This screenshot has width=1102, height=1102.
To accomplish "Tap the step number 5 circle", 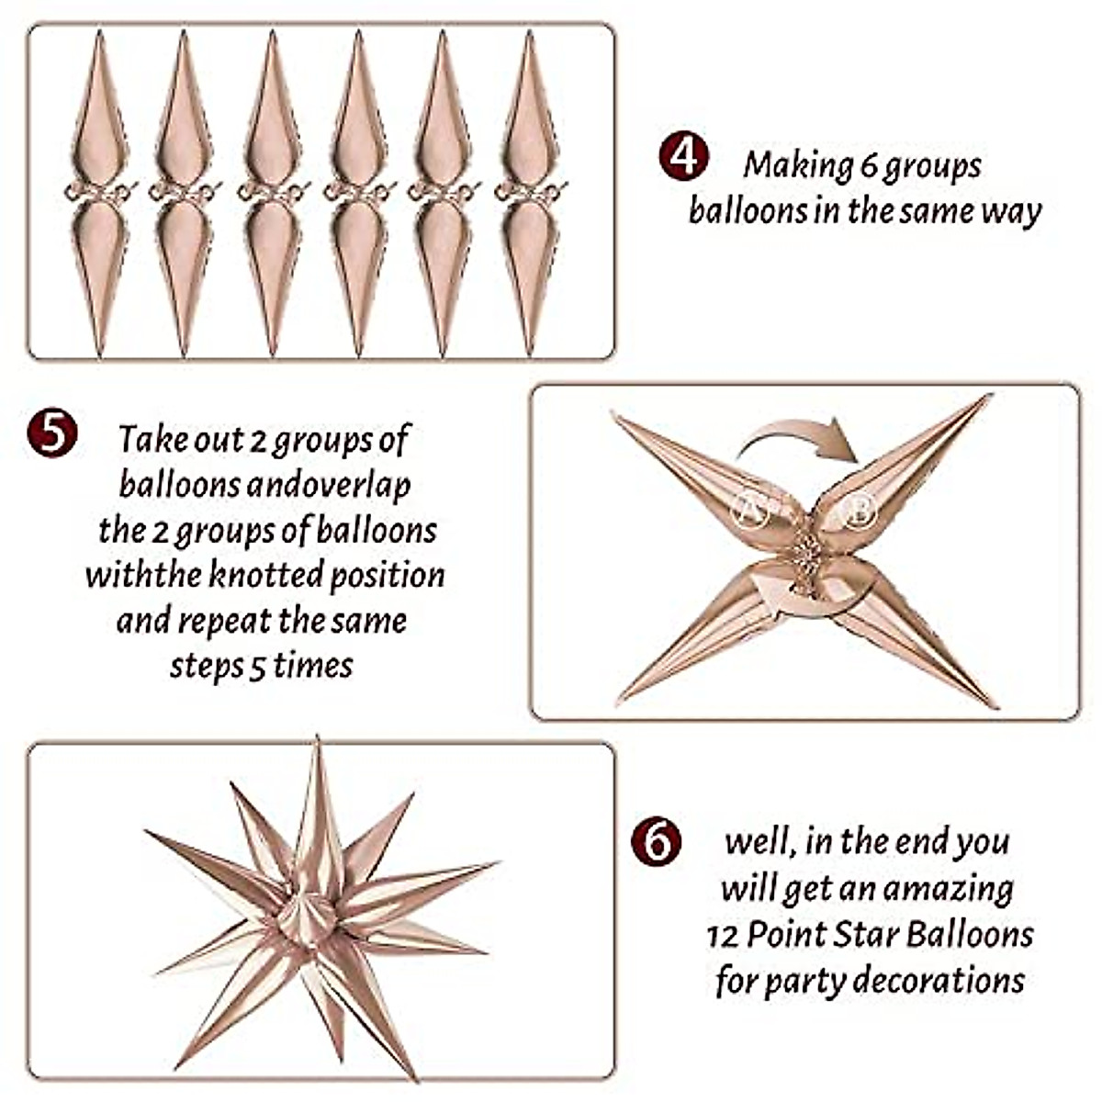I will [x=52, y=433].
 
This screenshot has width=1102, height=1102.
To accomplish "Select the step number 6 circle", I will [x=657, y=840].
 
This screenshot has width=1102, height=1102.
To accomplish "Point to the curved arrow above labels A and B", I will [x=799, y=438].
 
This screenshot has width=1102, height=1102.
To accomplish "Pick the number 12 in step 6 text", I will [x=723, y=935].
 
